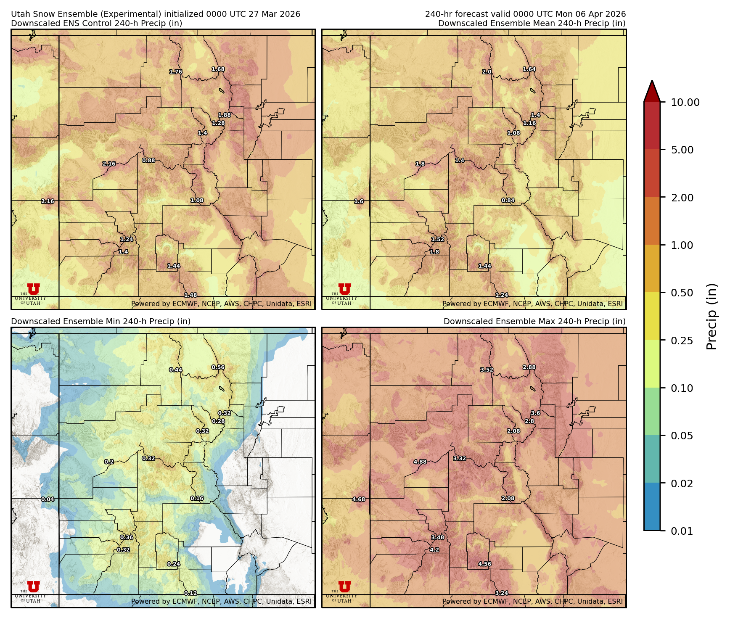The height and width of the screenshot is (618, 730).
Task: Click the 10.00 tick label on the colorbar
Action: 685,102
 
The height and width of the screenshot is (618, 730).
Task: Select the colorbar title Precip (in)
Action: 711,317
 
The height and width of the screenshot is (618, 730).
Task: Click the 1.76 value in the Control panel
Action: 176,71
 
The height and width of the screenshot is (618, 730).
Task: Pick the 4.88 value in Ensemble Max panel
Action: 420,462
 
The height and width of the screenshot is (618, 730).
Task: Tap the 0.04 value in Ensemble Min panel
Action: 48,499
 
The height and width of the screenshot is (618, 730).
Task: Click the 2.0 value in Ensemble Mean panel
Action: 487,71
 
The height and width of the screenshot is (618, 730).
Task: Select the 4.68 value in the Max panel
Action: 359,499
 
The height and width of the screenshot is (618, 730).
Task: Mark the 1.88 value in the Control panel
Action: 224,115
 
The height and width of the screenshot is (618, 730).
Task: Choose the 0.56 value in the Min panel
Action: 218,367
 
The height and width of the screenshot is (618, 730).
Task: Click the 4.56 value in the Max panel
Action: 484,564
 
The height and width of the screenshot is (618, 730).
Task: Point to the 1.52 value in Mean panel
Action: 438,239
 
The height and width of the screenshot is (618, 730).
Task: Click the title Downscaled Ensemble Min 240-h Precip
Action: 101,321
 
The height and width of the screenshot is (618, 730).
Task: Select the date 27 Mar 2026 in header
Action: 274,14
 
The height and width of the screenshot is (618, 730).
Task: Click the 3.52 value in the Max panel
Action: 487,370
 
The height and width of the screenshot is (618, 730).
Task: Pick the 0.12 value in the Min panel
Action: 190,593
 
